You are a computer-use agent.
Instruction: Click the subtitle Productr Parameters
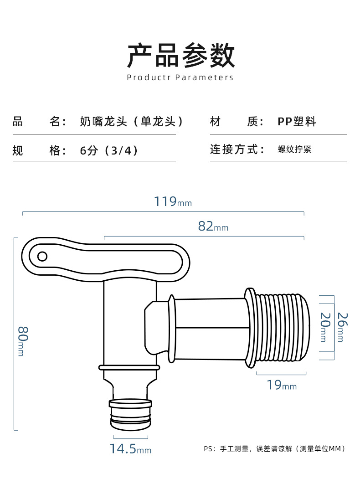tap(180, 77)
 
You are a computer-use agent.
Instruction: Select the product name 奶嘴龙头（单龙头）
tap(132, 122)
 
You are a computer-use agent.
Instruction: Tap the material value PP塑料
tap(297, 122)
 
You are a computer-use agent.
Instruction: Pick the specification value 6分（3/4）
tap(109, 150)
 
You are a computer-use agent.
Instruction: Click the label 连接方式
tap(237, 149)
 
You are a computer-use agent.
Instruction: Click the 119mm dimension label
tap(172, 202)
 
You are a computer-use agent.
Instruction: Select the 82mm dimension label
tap(213, 226)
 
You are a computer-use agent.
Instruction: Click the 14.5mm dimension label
tap(130, 449)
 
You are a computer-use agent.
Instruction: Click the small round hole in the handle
tap(42, 256)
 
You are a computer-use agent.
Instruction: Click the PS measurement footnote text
tap(274, 449)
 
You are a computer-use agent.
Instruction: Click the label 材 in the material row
tap(215, 122)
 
